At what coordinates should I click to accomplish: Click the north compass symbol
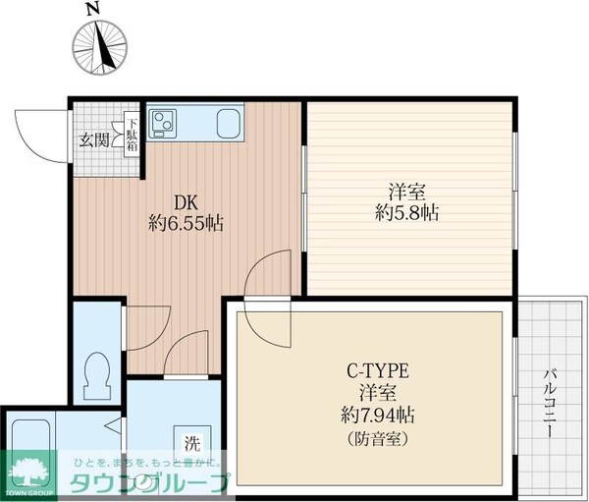tap(101, 45)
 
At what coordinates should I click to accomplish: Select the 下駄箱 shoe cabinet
tap(131, 134)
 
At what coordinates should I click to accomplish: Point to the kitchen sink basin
tap(229, 125)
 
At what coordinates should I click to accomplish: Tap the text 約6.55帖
tap(187, 223)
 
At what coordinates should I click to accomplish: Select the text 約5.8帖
tap(405, 211)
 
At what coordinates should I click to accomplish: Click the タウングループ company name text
tap(147, 482)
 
